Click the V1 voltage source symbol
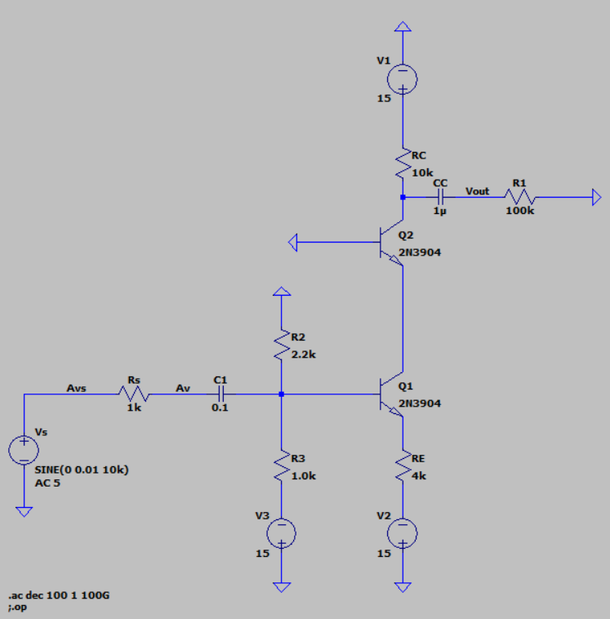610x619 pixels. [402, 78]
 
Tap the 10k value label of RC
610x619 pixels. [423, 172]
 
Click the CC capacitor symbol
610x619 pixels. [440, 197]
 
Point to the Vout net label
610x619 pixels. [477, 190]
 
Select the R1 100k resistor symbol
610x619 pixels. [520, 197]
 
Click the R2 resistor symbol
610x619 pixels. [281, 346]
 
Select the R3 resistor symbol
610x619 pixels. [281, 466]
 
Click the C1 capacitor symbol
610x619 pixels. [220, 394]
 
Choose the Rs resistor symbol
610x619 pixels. [134, 394]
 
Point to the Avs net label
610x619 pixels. [77, 389]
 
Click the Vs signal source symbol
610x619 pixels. [24, 450]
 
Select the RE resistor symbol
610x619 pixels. [402, 467]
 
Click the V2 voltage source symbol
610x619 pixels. [402, 532]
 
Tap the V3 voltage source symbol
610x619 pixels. [281, 532]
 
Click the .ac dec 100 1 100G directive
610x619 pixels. [59, 596]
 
